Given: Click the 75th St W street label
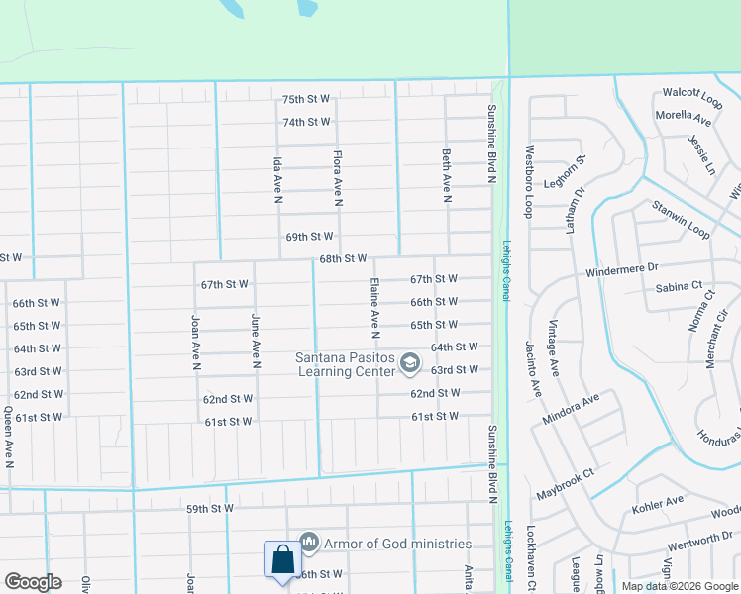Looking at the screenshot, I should [305, 100].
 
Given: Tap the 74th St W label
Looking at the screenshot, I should [305, 122].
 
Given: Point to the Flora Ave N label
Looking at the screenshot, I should [338, 178].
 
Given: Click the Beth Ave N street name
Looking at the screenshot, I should [447, 176].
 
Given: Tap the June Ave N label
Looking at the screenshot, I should [256, 336].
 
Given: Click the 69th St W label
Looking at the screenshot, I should [309, 237].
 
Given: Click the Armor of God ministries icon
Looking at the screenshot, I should [309, 543].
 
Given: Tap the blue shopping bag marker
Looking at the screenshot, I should [282, 559].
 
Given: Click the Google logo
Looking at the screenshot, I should [33, 582].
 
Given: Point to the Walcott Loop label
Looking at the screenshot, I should [692, 93].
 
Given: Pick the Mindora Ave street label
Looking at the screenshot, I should [571, 409].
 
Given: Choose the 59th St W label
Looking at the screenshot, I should [208, 509].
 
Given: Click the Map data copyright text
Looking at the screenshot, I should [679, 586].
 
